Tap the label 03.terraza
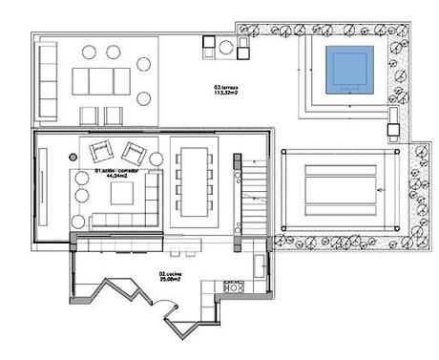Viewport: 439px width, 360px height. [x=226, y=87]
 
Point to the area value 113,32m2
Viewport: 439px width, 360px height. [x=226, y=94]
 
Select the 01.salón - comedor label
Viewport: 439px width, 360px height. [x=116, y=171]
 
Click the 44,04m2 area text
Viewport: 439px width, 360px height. [x=116, y=178]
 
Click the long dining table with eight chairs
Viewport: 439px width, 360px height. [x=195, y=180]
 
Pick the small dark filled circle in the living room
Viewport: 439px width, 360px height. [x=71, y=156]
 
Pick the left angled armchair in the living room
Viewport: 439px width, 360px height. [x=99, y=152]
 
